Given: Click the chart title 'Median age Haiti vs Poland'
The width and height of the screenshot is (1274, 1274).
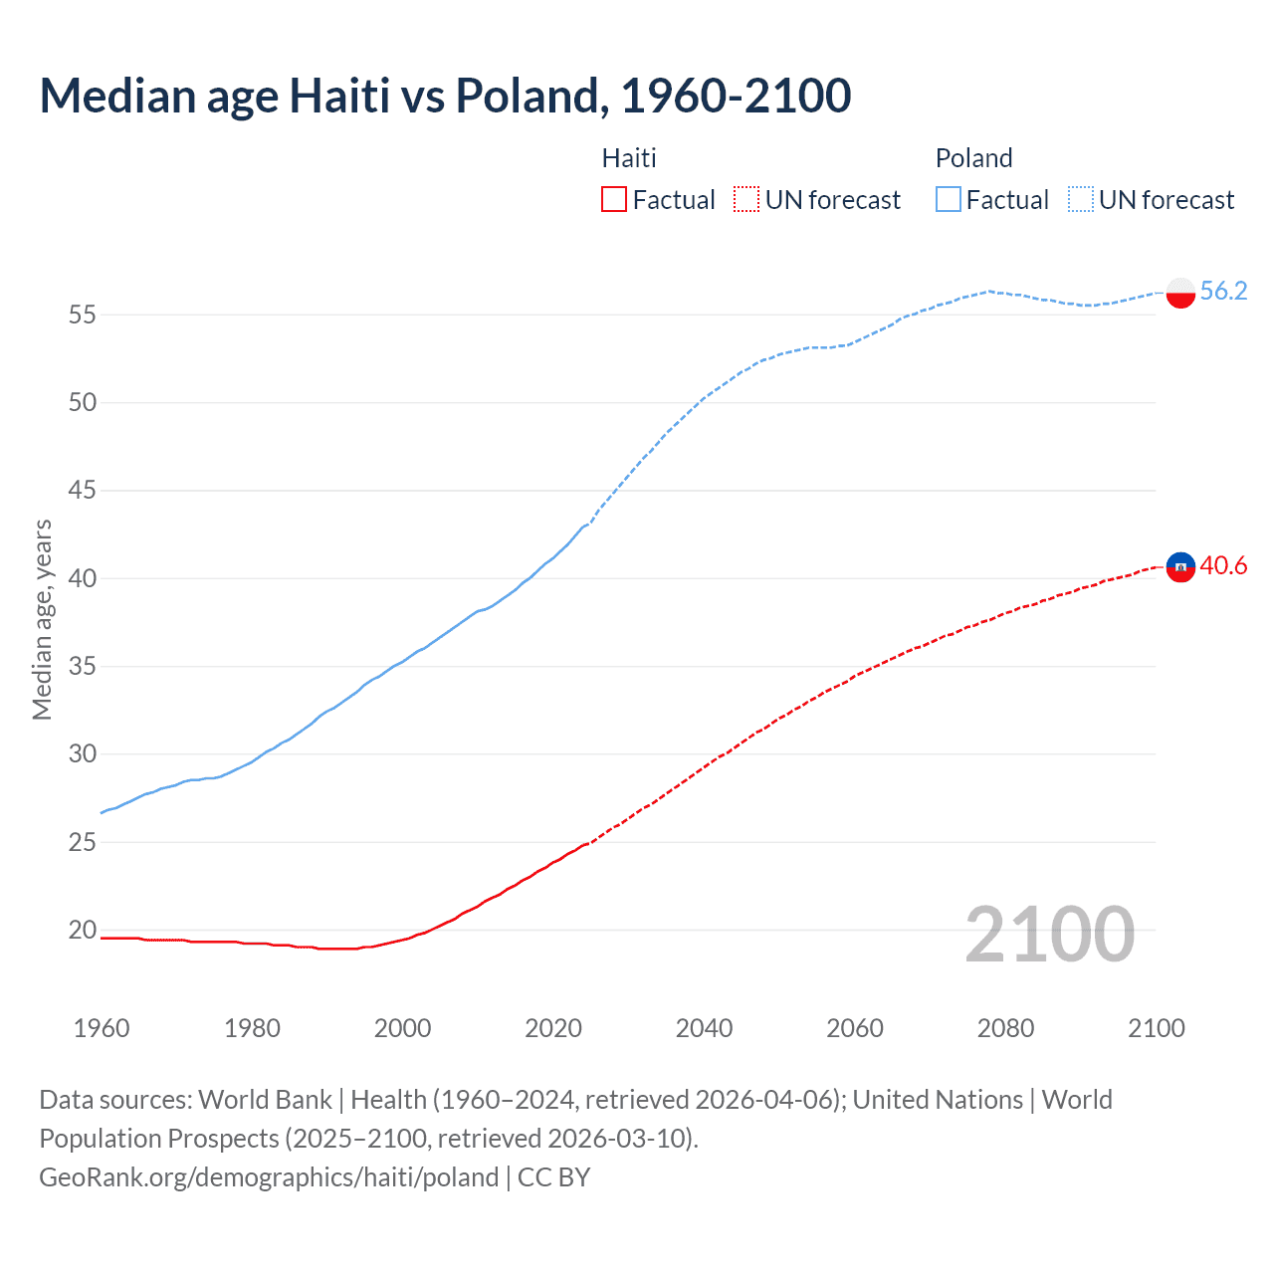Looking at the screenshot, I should click(445, 97).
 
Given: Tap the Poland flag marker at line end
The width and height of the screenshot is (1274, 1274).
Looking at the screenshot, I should click(1179, 293).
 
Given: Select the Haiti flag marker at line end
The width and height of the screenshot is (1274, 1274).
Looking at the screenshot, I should click(1179, 567).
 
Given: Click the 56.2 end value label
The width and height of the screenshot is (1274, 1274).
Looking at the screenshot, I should click(1223, 291).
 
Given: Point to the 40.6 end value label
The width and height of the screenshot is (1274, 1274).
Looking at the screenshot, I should click(1223, 566).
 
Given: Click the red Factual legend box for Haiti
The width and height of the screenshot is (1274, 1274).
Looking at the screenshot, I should click(614, 200).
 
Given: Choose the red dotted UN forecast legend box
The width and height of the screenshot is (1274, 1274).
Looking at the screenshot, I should click(746, 200).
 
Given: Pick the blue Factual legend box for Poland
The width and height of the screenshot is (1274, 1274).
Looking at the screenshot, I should click(948, 200).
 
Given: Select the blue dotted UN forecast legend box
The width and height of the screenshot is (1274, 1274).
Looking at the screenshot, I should click(1080, 200).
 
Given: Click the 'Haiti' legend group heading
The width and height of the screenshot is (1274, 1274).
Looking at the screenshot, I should click(629, 158).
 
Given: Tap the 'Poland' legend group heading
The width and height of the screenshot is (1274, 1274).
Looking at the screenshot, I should click(973, 158).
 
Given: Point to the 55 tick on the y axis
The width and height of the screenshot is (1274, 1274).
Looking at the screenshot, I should click(83, 315).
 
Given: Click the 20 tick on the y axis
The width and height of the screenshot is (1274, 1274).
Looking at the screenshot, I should click(83, 930).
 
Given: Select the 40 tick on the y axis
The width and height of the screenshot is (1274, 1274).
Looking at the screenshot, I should click(83, 578).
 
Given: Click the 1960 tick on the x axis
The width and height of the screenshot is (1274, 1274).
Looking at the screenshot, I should click(102, 1028).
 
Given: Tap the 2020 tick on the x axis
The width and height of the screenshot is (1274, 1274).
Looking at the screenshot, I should click(553, 1028).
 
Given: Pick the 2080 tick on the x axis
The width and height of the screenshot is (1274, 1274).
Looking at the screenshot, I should click(1005, 1028).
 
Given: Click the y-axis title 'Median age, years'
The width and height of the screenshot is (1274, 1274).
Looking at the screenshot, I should click(42, 619).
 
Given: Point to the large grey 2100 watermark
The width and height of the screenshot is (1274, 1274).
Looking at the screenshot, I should click(1049, 934).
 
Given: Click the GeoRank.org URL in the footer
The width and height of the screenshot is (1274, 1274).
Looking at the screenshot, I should click(269, 1177).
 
